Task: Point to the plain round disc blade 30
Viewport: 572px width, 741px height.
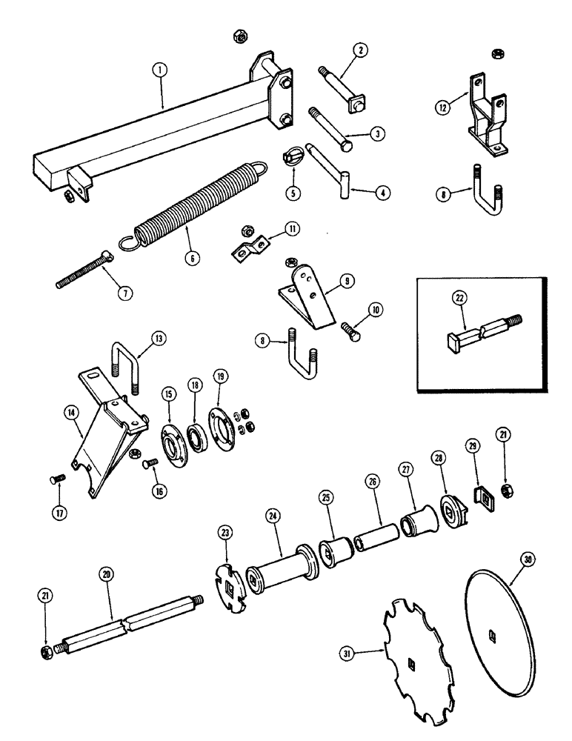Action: click(x=501, y=619)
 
